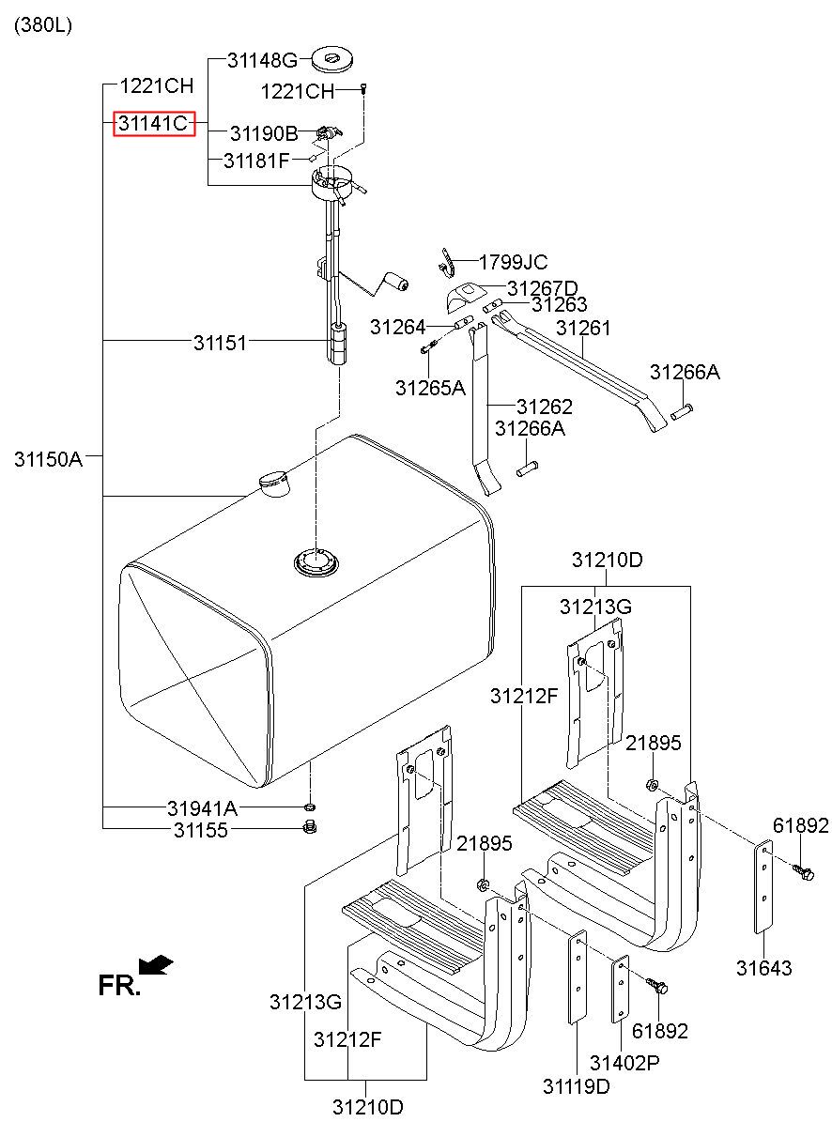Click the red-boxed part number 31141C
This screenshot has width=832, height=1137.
click(154, 123)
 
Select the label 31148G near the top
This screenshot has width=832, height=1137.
click(262, 61)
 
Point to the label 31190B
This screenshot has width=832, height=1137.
click(264, 134)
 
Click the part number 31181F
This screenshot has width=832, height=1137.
click(256, 161)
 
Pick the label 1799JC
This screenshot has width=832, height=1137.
click(513, 263)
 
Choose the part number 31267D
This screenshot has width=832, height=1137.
click(543, 288)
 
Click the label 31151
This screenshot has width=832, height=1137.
click(221, 343)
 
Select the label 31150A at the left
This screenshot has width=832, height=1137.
click(49, 459)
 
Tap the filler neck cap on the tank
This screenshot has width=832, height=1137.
click(274, 483)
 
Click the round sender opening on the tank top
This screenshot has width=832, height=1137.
click(316, 563)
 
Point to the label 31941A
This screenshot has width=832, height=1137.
click(203, 808)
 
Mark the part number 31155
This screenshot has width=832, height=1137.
click(200, 830)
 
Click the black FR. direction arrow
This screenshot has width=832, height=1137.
click(155, 964)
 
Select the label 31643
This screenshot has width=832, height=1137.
click(763, 968)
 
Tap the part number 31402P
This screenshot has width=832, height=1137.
click(624, 1063)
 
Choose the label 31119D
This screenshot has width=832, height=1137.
click(576, 1086)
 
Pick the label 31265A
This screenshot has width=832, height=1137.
click(430, 387)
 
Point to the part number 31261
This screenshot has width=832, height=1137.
click(583, 328)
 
